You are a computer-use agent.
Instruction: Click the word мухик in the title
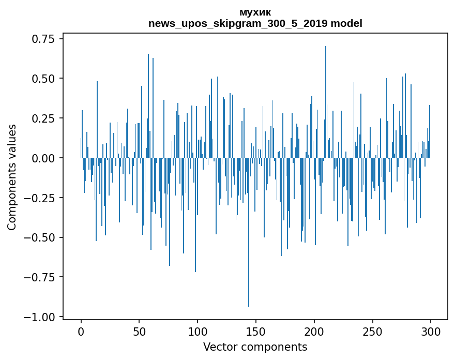(255, 12)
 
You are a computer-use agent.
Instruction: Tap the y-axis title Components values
(12, 177)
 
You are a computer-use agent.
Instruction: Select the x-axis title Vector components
(255, 347)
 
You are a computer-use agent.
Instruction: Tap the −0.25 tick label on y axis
(42, 198)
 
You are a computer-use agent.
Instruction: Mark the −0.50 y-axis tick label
(42, 237)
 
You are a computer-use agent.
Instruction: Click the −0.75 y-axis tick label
(42, 277)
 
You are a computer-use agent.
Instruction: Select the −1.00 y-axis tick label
(42, 317)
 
